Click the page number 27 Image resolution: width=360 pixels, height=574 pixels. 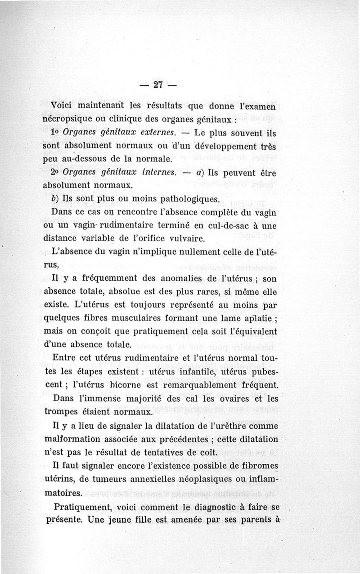(157, 85)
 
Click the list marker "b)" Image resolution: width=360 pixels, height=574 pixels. (56, 198)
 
